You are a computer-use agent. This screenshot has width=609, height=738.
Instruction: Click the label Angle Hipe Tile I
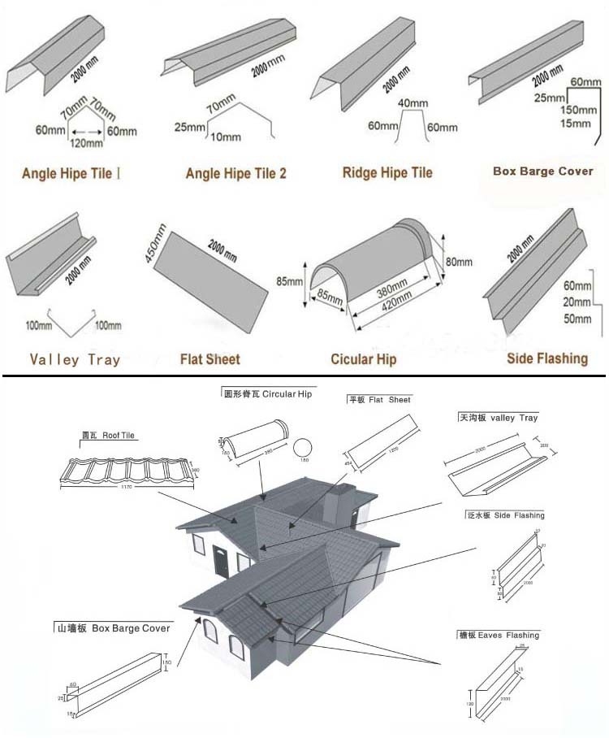tap(71, 173)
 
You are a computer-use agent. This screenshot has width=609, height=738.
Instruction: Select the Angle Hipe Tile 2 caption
tap(235, 173)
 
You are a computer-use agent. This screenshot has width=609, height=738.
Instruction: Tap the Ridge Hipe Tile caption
tap(387, 172)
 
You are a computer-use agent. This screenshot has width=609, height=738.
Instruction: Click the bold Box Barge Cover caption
tap(542, 171)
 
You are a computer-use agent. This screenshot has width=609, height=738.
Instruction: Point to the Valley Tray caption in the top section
tap(75, 359)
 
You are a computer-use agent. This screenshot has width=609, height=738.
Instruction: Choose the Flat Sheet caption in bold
tap(209, 358)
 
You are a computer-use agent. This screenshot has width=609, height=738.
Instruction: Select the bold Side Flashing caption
tap(546, 358)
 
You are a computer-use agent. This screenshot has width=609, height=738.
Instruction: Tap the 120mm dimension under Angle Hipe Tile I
tap(88, 144)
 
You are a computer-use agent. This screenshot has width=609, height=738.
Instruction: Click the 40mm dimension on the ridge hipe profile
tap(412, 104)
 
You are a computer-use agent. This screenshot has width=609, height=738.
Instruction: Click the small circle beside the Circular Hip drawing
tap(302, 449)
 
